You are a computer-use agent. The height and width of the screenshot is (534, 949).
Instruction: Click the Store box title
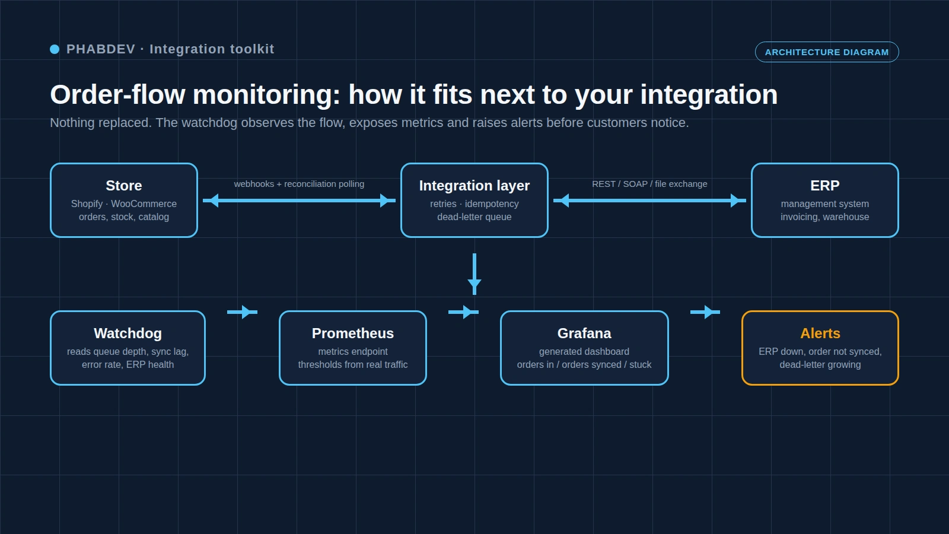click(x=124, y=186)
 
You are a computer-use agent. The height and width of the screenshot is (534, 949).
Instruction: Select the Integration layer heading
click(x=474, y=186)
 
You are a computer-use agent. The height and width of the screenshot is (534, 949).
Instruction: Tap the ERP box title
click(x=824, y=186)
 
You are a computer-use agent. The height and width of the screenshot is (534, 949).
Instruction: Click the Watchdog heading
click(x=128, y=333)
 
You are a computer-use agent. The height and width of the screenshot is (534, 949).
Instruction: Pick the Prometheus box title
click(x=352, y=333)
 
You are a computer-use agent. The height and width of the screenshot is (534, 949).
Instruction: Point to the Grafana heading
click(x=584, y=333)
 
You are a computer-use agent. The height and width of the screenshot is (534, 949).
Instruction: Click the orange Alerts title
click(x=820, y=333)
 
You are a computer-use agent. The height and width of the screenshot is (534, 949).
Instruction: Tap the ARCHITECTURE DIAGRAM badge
click(x=827, y=52)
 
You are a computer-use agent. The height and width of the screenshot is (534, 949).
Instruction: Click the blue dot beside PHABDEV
click(x=55, y=49)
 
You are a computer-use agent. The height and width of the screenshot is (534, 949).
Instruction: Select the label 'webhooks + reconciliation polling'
click(x=299, y=184)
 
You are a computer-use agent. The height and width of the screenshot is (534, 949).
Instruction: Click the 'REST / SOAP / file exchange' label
click(x=649, y=184)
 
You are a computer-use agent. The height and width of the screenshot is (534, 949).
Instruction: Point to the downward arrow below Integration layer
click(x=474, y=274)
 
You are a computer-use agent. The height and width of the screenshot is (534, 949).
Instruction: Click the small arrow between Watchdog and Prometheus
click(x=243, y=312)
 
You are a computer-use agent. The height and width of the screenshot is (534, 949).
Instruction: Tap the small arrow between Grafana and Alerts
click(x=705, y=312)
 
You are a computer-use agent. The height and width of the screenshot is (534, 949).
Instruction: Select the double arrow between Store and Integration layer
click(x=299, y=201)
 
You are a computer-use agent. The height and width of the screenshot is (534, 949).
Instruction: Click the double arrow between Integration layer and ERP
click(x=649, y=201)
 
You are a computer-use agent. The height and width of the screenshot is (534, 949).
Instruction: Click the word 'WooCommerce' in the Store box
click(x=144, y=204)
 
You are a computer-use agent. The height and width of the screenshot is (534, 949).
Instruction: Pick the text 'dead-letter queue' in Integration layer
click(x=474, y=217)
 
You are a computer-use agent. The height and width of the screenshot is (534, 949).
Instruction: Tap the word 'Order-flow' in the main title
click(x=118, y=94)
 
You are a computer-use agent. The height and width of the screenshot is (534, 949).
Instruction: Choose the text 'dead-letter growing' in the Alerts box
click(x=820, y=365)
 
